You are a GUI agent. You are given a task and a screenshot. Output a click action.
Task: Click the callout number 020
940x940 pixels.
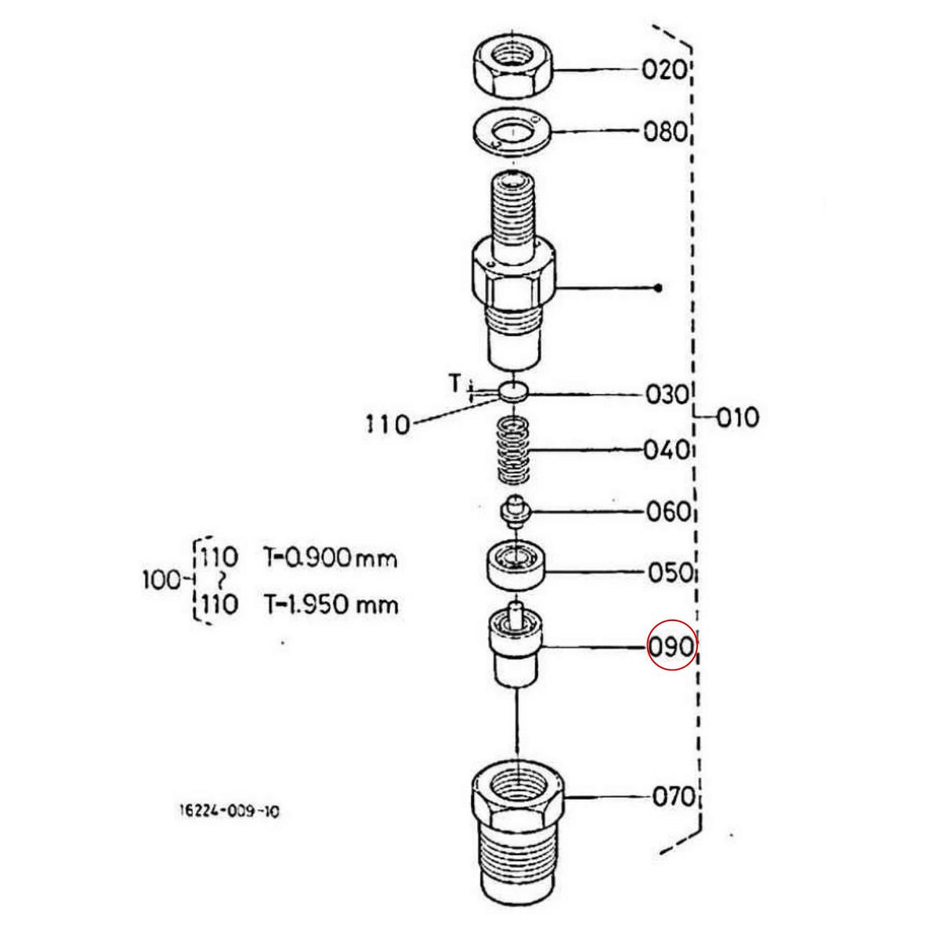[x=664, y=70]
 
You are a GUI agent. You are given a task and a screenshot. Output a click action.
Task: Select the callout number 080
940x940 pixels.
[x=665, y=131]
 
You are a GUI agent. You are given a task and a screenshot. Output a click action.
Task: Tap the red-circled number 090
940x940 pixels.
[x=671, y=648]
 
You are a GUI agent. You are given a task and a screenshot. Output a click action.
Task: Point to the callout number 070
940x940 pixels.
[x=674, y=797]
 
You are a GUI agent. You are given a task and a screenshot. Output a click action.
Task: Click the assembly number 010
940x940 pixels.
[x=738, y=418]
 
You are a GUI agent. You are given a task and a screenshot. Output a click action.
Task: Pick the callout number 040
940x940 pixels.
[x=666, y=450]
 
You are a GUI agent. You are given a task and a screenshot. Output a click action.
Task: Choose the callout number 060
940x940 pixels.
[x=668, y=512]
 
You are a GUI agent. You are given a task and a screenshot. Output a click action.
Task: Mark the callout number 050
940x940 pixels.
[x=670, y=573]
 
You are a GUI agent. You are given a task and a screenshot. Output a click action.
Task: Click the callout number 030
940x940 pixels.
[x=666, y=394]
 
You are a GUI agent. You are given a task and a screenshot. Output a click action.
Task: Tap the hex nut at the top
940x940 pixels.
[x=512, y=69]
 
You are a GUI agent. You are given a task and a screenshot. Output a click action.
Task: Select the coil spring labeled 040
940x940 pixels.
[x=515, y=451]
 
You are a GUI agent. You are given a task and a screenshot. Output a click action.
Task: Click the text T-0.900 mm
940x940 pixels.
[x=330, y=559]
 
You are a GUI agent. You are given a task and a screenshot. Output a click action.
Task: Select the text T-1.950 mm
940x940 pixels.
[x=330, y=605]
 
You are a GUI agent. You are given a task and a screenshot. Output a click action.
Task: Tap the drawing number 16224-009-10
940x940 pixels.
[x=229, y=812]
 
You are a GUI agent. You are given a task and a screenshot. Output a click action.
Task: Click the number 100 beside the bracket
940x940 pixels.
[x=162, y=580]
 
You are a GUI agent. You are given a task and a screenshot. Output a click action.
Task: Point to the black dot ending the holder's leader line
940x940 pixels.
[x=658, y=287]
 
